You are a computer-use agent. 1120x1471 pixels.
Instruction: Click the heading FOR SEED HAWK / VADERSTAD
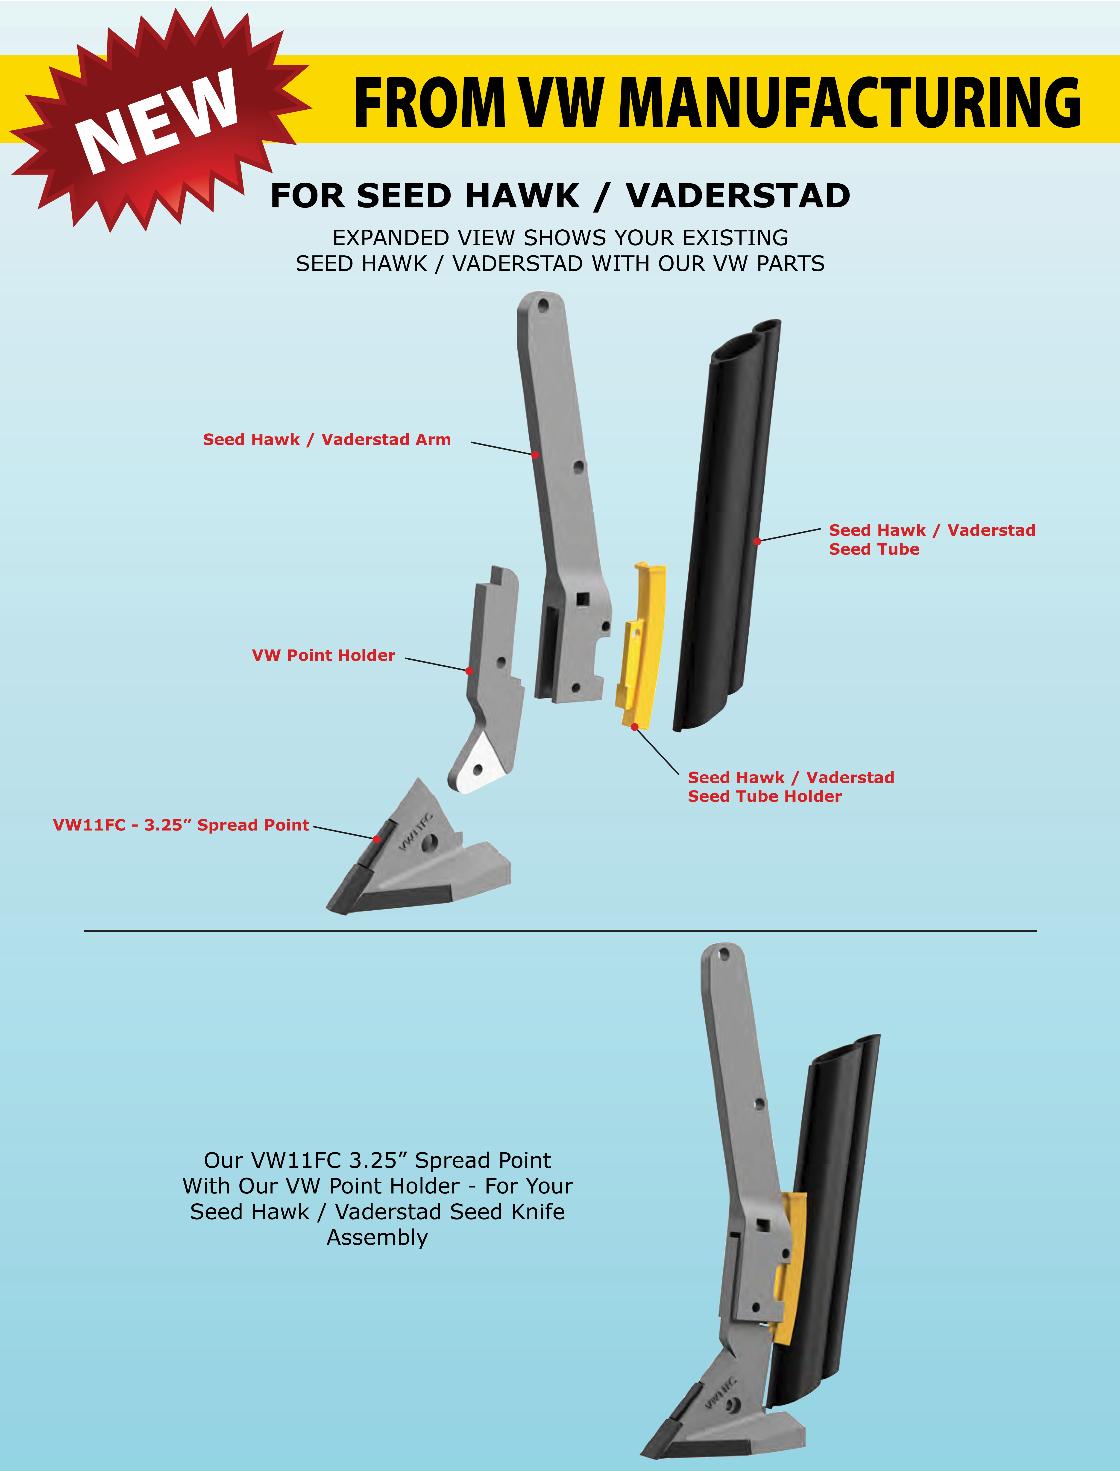coord(560,196)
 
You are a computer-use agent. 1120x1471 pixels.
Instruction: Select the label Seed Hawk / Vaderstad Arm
coord(327,439)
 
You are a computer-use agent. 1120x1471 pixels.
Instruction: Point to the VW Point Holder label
coord(323,655)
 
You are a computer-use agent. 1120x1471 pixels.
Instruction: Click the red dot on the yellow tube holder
coord(635,726)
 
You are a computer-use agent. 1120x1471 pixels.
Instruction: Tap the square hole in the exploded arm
coord(583,599)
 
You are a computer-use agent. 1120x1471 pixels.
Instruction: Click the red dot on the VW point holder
coord(469,670)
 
